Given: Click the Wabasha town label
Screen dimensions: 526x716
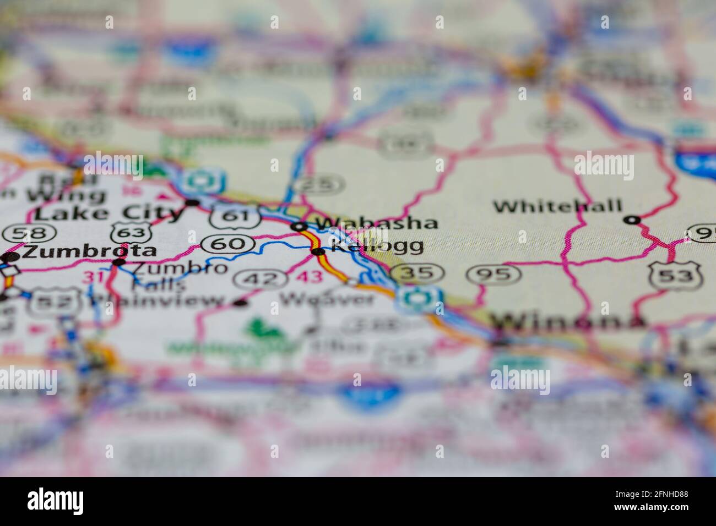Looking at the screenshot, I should tap(377, 223).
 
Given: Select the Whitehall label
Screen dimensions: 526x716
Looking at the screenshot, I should tap(557, 207).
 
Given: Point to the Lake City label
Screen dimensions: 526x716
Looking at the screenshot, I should tap(109, 213).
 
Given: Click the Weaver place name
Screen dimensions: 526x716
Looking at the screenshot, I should tap(327, 299).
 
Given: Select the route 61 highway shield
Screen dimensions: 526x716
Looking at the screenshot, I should tap(235, 216).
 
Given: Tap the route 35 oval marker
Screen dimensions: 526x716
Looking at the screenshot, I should tap(416, 272).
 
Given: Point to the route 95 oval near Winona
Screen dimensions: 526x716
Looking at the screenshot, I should tap(493, 273).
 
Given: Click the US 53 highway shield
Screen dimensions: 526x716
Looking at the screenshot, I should tap(674, 275).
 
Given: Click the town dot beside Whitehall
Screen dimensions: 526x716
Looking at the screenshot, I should tap(632, 220).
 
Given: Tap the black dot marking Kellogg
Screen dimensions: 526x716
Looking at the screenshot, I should tap(318, 252).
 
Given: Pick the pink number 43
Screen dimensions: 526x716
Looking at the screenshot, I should tap(309, 276).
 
